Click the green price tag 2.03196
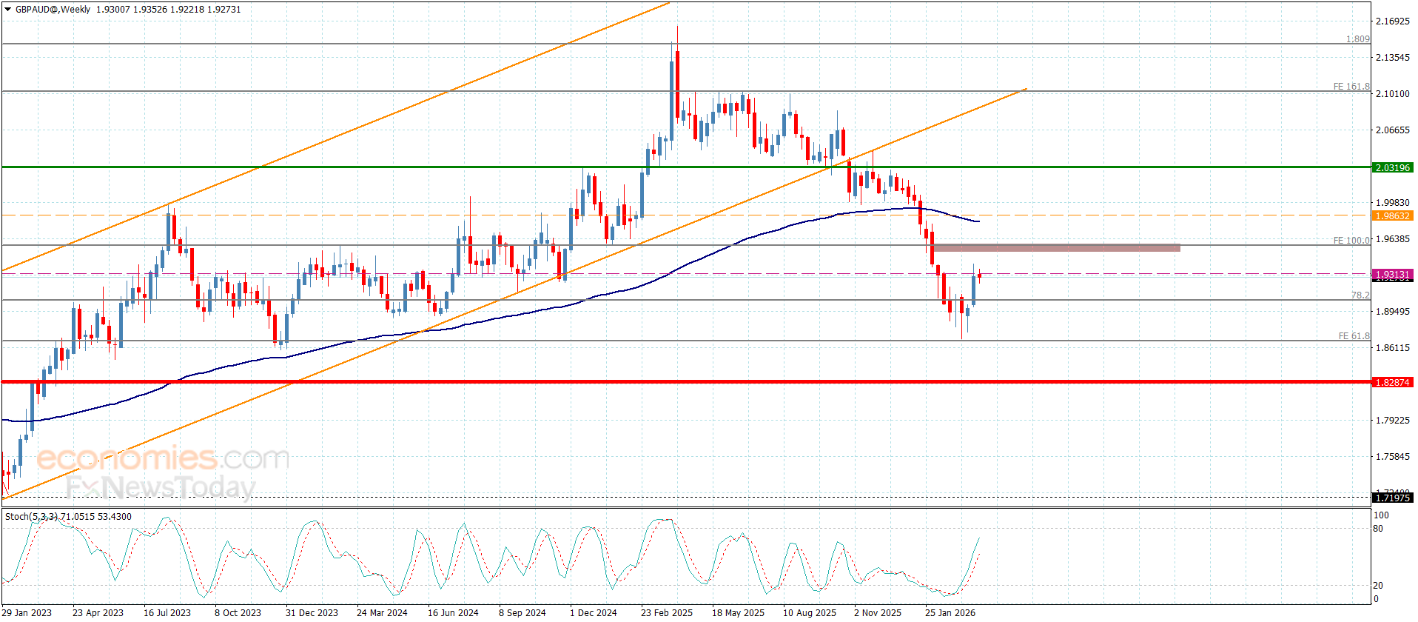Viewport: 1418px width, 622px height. [x=1392, y=168]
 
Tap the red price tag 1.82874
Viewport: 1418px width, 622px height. [x=1392, y=383]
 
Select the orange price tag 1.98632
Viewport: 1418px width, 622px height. [x=1392, y=216]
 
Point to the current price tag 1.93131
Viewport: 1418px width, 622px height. [x=1392, y=275]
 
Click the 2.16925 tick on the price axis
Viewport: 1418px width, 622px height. [x=1392, y=21]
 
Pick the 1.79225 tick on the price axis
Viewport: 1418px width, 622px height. [x=1392, y=421]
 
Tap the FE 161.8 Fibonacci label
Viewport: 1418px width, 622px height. [x=1351, y=87]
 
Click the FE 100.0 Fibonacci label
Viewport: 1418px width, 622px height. [x=1351, y=241]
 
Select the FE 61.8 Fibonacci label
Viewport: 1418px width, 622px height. [x=1354, y=336]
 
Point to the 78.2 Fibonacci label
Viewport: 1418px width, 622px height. [x=1360, y=295]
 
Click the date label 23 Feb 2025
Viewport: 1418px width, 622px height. [x=667, y=612]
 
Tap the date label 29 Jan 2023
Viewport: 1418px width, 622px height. [x=27, y=612]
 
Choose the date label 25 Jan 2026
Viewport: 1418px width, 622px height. [x=950, y=612]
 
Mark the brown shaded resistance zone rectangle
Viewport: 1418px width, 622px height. [x=1057, y=248]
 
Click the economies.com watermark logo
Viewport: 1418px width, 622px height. [x=162, y=458]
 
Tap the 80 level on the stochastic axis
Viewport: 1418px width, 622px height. [x=1378, y=529]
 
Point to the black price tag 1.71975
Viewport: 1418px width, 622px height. [x=1392, y=498]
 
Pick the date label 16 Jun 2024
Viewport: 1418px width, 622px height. [x=453, y=612]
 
